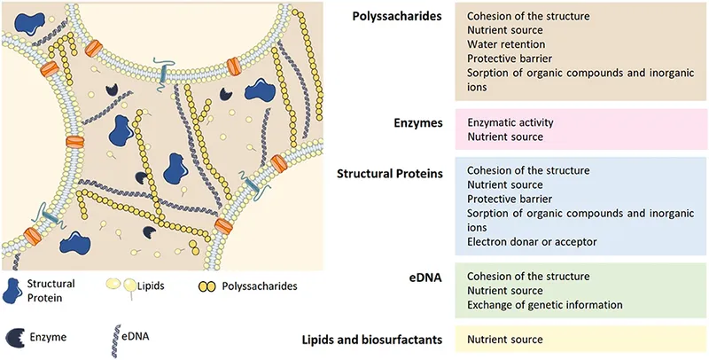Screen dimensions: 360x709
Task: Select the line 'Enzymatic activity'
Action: pyautogui.click(x=511, y=122)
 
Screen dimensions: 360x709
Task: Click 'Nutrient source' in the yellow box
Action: pyautogui.click(x=504, y=339)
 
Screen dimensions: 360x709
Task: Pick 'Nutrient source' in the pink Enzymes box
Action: pyautogui.click(x=504, y=137)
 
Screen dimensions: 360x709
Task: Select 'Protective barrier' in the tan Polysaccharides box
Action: pyautogui.click(x=511, y=59)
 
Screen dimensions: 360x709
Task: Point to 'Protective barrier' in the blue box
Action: pyautogui.click(x=511, y=198)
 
